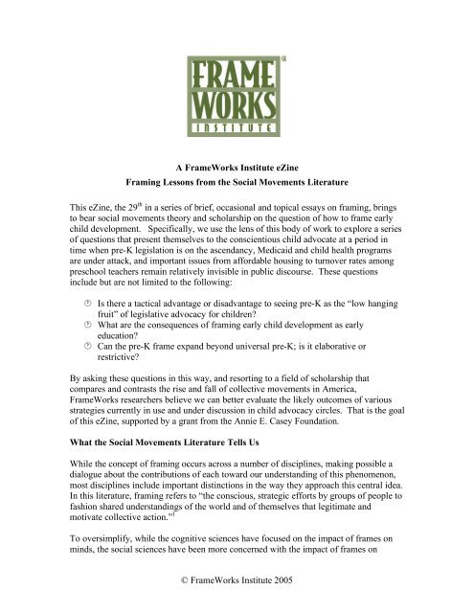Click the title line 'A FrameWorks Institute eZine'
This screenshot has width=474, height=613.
(237, 166)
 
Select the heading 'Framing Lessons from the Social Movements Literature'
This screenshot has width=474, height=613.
(237, 182)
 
